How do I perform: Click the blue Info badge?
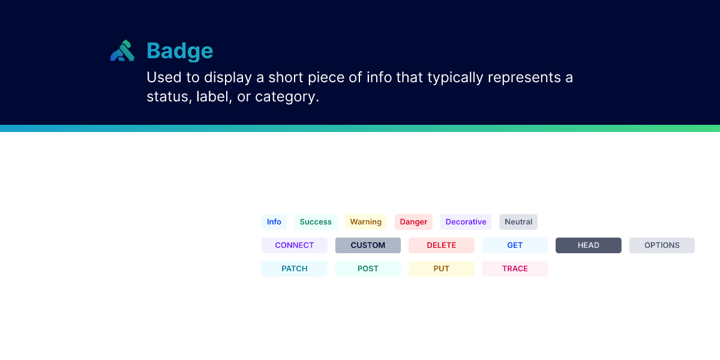[274, 222]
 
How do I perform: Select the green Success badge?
[316, 222]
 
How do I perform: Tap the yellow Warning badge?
[366, 222]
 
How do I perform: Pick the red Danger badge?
[413, 222]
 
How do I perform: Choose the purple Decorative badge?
[466, 222]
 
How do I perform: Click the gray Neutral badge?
[518, 222]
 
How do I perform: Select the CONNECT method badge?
[295, 245]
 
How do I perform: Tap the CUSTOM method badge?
[368, 245]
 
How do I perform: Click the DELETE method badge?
[442, 245]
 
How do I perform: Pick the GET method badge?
[515, 245]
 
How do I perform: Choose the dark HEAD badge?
[589, 245]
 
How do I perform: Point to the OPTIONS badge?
[662, 245]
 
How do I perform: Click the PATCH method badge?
[295, 269]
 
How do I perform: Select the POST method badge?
[368, 269]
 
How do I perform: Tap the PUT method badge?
[442, 269]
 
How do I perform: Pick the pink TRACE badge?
[515, 269]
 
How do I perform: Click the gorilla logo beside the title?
[122, 50]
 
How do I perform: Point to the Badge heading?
[179, 51]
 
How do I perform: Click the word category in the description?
[287, 97]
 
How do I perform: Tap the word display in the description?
[228, 77]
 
